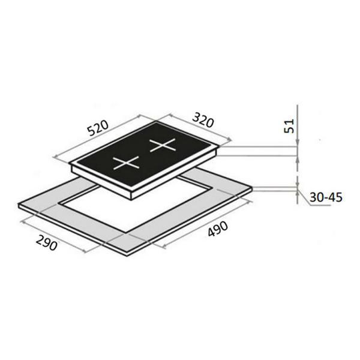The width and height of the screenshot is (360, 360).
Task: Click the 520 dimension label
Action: coord(98,128)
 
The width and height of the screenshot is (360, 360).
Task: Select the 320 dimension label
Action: coord(203,120)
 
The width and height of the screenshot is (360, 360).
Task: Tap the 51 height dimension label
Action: coord(289,126)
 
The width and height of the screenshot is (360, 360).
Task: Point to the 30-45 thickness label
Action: coord(326,197)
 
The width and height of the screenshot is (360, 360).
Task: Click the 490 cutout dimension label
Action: coord(218,229)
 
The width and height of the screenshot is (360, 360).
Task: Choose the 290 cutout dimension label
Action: coord(46,242)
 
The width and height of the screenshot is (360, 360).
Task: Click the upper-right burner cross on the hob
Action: coord(163,145)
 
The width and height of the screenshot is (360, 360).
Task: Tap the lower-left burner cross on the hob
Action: coord(126,163)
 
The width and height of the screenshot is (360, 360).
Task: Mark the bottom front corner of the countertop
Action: coord(127,256)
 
